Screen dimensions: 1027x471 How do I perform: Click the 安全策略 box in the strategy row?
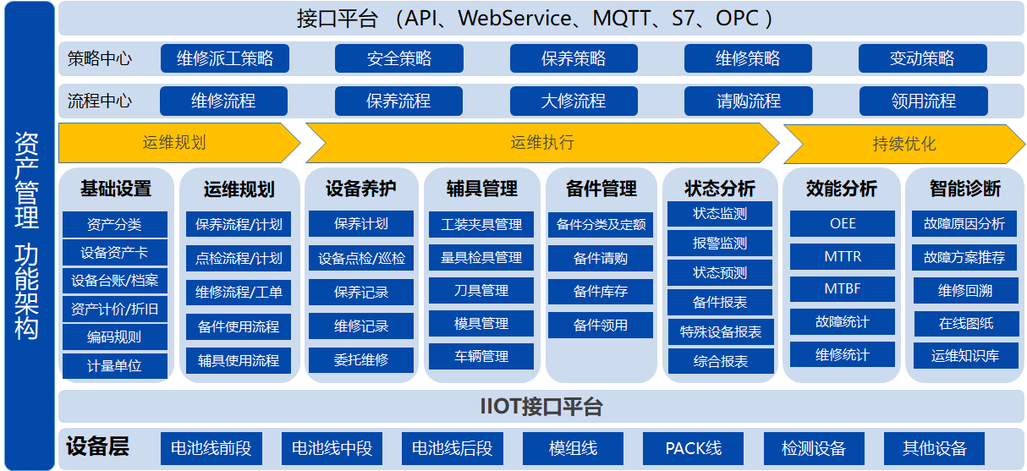(x=399, y=58)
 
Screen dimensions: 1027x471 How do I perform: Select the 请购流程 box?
(x=748, y=101)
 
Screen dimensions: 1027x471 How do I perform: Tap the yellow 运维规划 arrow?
(x=178, y=143)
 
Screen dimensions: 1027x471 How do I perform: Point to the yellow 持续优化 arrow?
(x=904, y=144)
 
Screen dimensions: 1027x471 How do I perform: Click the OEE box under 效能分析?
(x=843, y=223)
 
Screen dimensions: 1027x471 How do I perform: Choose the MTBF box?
(x=843, y=288)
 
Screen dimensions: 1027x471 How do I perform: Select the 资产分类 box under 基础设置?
(x=114, y=224)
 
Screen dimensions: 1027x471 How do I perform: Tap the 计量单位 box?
(x=114, y=365)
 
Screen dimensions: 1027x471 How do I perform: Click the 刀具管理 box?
(x=481, y=290)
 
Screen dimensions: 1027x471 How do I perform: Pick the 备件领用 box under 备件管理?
(x=600, y=326)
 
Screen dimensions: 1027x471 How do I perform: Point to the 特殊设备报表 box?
(x=721, y=331)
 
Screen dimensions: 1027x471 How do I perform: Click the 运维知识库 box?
(x=965, y=355)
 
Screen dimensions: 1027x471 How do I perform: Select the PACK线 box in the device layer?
(x=693, y=448)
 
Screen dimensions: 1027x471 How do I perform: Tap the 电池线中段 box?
(x=332, y=448)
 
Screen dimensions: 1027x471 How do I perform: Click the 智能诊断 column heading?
(x=965, y=189)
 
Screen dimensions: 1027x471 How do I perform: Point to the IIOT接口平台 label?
(x=541, y=407)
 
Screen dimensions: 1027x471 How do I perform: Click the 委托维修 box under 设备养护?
(x=361, y=359)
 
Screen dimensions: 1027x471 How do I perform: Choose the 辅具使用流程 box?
(x=239, y=360)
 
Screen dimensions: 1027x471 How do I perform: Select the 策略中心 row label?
(x=100, y=58)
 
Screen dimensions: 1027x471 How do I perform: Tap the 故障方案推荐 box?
(x=964, y=257)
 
